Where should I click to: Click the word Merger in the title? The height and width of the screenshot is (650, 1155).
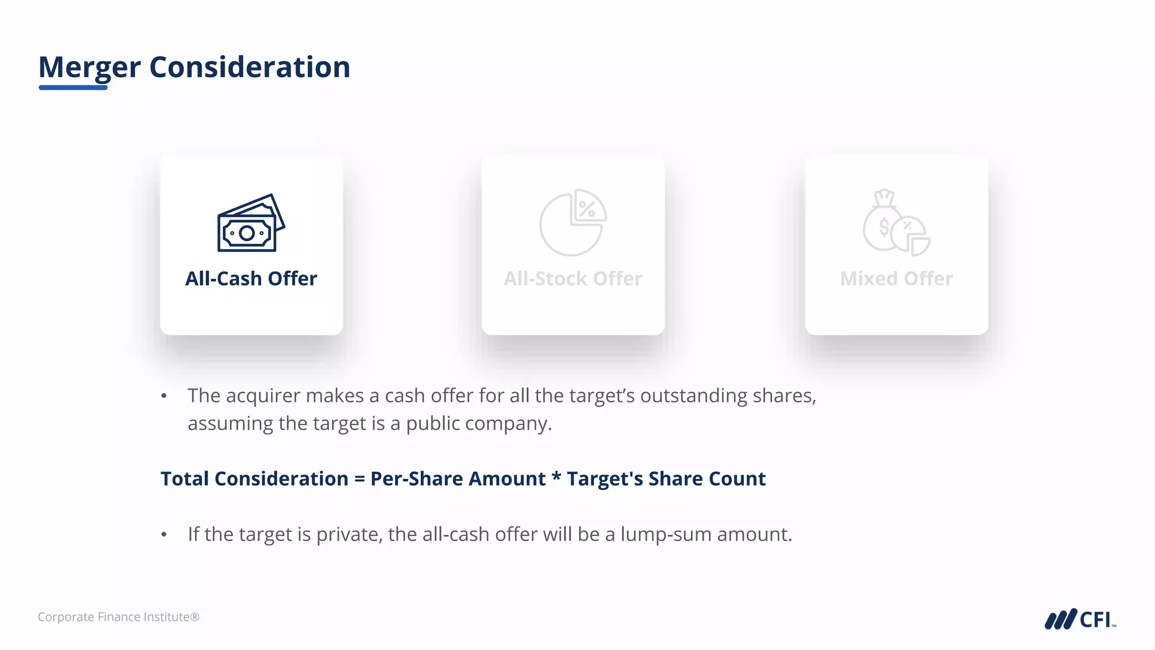coord(89,67)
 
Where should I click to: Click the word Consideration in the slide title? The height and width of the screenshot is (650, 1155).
coord(249,67)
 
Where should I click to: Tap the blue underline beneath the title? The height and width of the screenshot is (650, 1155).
coord(73,87)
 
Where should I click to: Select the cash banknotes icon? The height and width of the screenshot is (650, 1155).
coord(251,223)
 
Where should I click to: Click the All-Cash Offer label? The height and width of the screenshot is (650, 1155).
coord(251,279)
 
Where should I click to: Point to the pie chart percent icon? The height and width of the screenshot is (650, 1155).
coord(572,222)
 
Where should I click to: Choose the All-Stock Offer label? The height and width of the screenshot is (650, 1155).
coord(572,279)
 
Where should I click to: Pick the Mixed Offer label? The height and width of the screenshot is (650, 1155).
coord(896,279)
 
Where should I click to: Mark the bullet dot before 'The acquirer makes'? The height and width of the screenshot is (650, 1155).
coord(164,396)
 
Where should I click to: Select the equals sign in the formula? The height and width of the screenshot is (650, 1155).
coord(359,479)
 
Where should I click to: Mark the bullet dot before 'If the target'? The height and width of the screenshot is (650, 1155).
coord(164,534)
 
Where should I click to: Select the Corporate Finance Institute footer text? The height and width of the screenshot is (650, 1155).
coord(118,617)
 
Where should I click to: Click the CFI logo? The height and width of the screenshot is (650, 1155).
coord(1080,619)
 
